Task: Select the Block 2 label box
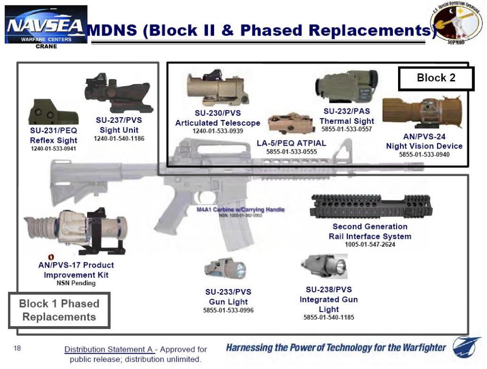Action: pos(436,78)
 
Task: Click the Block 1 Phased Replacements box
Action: pos(59,310)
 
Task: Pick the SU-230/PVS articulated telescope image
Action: pos(217,89)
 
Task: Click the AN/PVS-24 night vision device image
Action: pos(422,113)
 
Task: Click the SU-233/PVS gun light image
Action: pos(226,269)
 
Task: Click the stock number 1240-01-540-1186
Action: pos(119,139)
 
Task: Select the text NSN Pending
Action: pos(76,283)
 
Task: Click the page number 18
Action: pos(17,349)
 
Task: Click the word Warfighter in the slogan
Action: pos(420,348)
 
